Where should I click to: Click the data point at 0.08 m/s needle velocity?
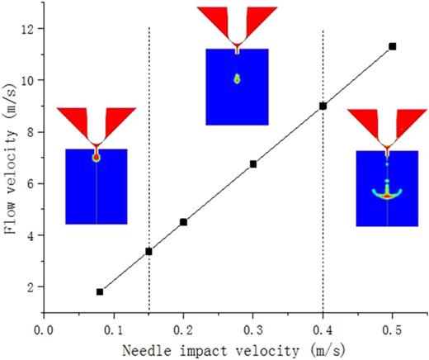click(x=100, y=291)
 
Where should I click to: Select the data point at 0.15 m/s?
click(x=148, y=251)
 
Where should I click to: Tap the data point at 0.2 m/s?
click(x=183, y=222)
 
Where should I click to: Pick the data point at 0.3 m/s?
click(x=253, y=164)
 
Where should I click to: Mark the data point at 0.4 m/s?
click(x=323, y=106)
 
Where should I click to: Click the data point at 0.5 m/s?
click(x=393, y=46)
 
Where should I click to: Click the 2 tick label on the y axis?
click(x=35, y=287)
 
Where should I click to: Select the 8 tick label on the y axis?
click(x=35, y=132)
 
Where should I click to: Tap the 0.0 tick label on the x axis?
click(x=44, y=327)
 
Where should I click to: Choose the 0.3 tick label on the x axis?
click(x=253, y=327)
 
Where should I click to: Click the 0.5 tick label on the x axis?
click(x=393, y=327)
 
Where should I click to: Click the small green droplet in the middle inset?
click(x=237, y=79)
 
